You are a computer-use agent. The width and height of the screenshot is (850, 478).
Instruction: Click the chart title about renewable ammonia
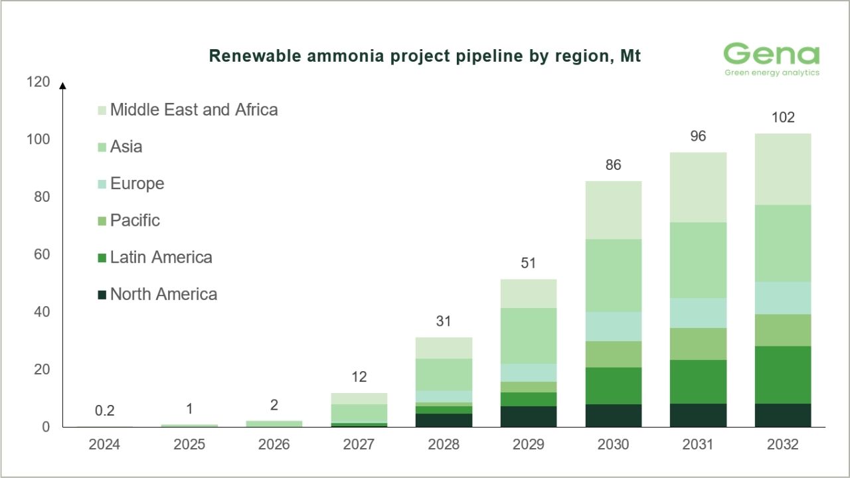(x=425, y=56)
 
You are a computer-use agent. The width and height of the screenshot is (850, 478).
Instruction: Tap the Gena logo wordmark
(x=771, y=54)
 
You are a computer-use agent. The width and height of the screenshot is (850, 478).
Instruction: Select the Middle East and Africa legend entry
(x=193, y=110)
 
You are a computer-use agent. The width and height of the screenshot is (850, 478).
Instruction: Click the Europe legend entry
(x=137, y=183)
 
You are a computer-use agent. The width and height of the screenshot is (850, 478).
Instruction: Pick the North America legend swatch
(x=102, y=295)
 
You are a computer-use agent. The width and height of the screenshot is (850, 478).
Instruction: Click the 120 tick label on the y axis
(x=37, y=82)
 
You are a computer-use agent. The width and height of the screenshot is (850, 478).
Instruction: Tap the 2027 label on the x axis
(x=359, y=444)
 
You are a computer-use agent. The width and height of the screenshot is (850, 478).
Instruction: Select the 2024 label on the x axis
(x=104, y=444)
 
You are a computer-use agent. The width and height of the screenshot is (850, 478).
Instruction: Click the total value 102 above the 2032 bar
(x=783, y=119)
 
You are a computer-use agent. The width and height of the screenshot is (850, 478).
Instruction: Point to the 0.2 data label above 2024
(x=104, y=411)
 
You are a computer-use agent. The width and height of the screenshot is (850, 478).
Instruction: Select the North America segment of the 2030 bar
(x=614, y=416)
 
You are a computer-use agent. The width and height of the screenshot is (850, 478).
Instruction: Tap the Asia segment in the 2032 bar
(x=783, y=243)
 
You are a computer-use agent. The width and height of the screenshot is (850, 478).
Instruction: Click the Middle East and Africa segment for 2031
(x=699, y=187)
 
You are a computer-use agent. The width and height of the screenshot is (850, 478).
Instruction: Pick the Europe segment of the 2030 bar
(x=614, y=326)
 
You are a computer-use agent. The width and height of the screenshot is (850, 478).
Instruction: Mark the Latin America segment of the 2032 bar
(x=783, y=374)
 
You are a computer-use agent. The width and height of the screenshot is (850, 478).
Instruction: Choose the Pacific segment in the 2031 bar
(x=699, y=344)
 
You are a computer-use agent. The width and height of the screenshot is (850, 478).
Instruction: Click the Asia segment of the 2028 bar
(x=444, y=374)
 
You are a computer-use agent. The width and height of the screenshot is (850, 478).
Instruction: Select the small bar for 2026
(x=274, y=423)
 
